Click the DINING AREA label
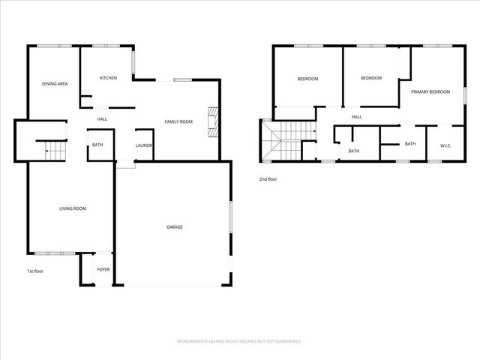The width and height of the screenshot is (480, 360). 55,84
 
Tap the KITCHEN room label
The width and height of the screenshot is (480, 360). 109,78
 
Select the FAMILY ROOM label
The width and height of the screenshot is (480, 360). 179,121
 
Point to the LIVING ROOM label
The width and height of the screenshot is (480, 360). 73,208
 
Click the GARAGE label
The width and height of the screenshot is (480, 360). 174,226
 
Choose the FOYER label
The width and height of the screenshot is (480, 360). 103,269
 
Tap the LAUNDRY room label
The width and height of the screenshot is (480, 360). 145,145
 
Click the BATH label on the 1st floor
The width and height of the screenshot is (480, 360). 97,145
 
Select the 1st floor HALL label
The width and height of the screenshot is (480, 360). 102,119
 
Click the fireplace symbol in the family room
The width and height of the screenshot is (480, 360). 213,122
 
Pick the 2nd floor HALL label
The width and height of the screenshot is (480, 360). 357,117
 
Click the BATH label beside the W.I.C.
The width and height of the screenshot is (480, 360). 410,144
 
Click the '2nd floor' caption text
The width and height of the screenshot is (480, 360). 268,179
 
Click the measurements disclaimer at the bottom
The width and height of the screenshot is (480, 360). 239,341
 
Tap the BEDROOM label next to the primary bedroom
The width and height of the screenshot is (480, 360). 370,78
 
